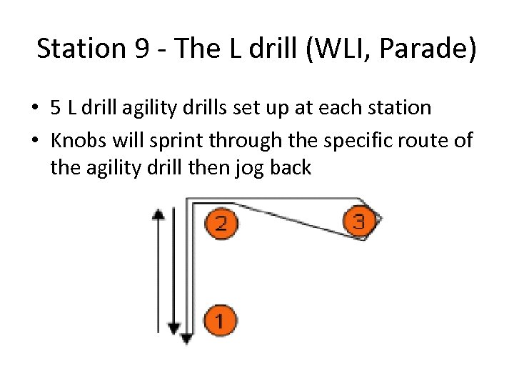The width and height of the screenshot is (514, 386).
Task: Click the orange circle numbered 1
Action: tap(219, 320)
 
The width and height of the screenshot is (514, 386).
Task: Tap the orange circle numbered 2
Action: tap(221, 223)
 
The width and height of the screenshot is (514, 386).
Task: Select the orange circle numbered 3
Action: tap(358, 222)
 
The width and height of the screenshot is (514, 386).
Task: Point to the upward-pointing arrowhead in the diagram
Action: tap(159, 213)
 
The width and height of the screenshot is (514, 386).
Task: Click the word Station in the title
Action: tap(71, 49)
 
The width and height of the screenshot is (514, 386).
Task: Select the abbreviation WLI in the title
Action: tap(329, 49)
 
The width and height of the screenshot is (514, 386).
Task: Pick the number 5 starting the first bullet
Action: tap(56, 108)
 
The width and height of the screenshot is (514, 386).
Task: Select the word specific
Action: tap(356, 140)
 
